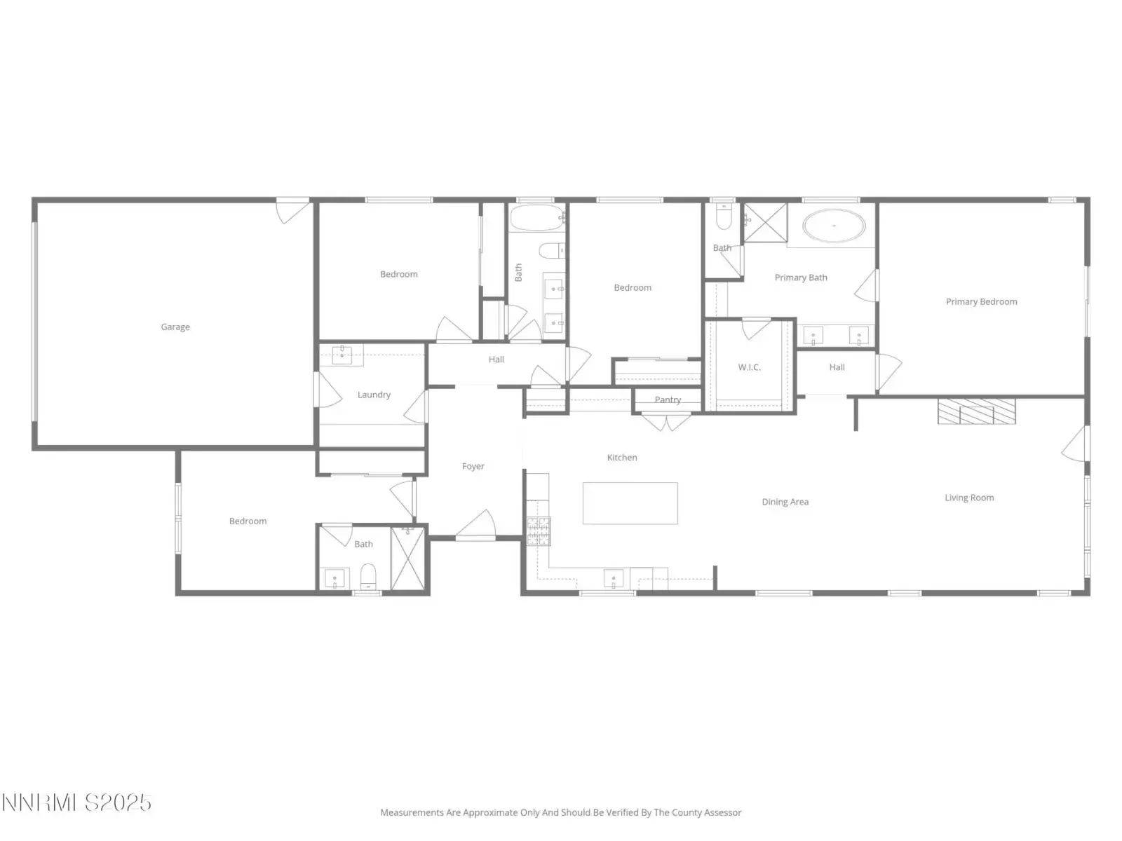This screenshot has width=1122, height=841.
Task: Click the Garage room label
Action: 175,327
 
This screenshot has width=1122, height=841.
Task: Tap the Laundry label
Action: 374,395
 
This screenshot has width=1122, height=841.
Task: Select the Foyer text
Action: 473,466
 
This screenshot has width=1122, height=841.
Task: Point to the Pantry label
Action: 668,399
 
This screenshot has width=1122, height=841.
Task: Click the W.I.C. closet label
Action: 749,367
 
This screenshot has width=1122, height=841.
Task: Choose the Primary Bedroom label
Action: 981,302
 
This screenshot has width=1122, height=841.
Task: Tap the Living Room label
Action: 968,498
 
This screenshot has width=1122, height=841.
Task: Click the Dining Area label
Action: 785,502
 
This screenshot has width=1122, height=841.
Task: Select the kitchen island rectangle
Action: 630,503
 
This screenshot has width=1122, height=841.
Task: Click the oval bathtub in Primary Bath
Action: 834,225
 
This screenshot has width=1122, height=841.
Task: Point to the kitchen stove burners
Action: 539,531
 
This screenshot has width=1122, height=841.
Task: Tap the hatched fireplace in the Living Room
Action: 976,411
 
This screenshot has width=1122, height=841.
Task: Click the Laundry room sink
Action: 342,355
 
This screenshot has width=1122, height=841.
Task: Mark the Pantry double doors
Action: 666,423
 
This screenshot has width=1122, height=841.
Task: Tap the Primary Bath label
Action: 801,278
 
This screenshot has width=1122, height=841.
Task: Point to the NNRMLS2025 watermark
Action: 76,802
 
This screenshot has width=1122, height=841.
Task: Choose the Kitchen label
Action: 621,458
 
